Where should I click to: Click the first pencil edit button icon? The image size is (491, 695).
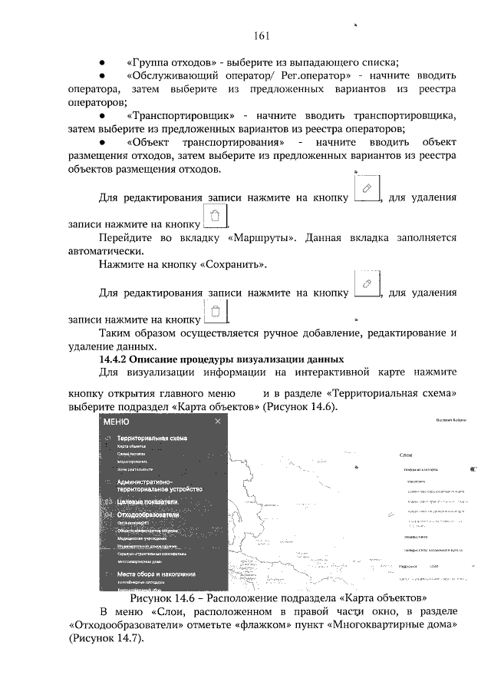tap(367, 188)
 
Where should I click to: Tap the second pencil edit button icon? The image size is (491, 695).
tap(367, 284)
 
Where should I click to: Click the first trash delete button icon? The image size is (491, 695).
tap(216, 216)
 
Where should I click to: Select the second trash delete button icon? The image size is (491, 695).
tap(216, 311)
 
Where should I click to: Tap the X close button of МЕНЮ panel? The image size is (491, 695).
tap(217, 422)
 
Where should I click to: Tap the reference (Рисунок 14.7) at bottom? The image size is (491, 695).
tap(107, 638)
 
